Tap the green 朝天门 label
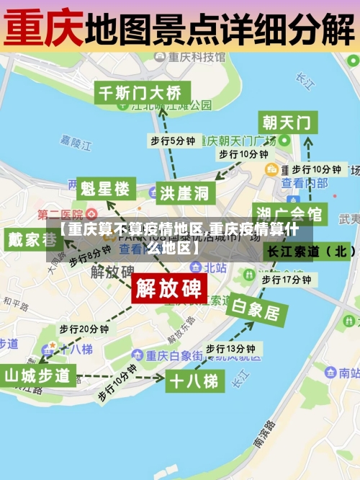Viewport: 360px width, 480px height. tap(287, 122)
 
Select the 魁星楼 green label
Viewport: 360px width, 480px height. tap(105, 190)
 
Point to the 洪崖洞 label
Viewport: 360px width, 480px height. tap(184, 192)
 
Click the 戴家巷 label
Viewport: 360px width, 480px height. tap(33, 239)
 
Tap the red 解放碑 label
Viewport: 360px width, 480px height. tap(170, 288)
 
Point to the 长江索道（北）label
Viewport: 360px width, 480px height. tap(311, 252)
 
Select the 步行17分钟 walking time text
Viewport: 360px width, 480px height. tap(286, 279)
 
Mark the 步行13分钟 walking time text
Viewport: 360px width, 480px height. tap(230, 348)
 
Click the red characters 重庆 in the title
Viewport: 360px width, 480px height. tap(43, 27)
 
